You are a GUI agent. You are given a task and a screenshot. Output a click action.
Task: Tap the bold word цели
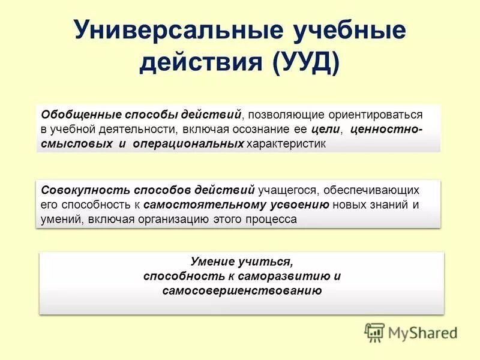pyautogui.click(x=326, y=129)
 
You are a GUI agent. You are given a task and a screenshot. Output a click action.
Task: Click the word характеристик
pyautogui.click(x=286, y=144)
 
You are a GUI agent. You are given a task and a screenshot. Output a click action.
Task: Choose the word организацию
pyautogui.click(x=163, y=220)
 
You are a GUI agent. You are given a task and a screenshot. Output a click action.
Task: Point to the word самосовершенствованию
pyautogui.click(x=242, y=291)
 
